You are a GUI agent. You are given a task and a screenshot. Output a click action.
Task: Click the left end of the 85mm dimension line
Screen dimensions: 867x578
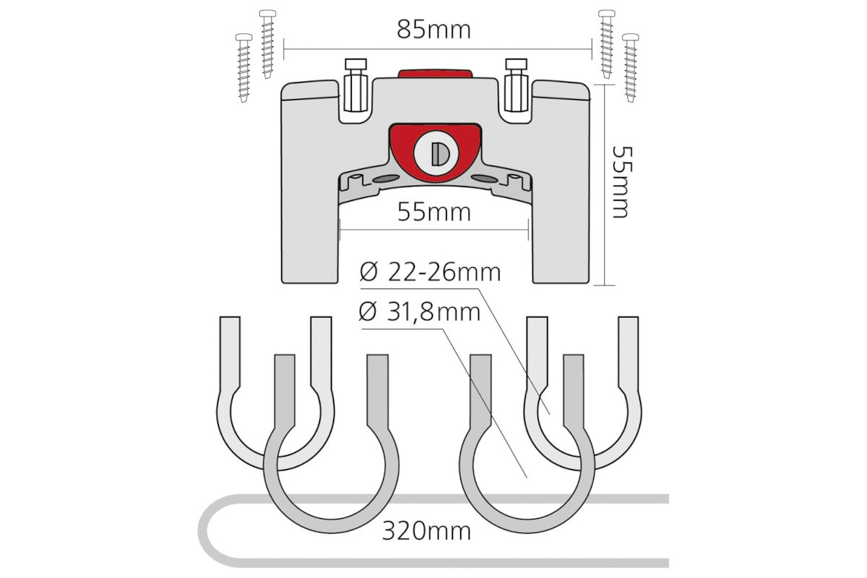point(284,49)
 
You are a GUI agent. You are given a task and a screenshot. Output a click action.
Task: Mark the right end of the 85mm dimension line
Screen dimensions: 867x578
point(592,49)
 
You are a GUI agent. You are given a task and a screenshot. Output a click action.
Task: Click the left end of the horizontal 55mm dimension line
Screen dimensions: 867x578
point(340,230)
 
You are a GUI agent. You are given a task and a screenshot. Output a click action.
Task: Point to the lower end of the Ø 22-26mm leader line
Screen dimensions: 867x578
point(550,414)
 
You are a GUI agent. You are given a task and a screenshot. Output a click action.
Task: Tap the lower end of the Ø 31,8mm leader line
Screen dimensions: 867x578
point(527,478)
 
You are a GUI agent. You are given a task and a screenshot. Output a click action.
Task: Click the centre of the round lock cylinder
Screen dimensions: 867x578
point(436,153)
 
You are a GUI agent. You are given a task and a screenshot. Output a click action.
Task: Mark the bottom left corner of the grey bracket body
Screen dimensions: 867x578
point(282,282)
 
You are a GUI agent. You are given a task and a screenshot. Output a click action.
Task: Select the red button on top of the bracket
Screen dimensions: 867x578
point(435,74)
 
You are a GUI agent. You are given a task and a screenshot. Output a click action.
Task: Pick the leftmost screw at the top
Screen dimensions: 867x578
point(244,68)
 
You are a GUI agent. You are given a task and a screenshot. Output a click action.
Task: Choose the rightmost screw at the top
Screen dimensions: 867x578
point(631,68)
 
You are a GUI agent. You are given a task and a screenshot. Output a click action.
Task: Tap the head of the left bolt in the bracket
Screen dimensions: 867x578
point(355,64)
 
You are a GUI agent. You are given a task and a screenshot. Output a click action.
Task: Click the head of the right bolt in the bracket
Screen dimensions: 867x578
point(517,64)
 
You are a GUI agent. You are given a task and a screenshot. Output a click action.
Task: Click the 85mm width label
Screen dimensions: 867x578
point(434,30)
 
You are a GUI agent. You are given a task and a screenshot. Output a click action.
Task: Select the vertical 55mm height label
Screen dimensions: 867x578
point(622,182)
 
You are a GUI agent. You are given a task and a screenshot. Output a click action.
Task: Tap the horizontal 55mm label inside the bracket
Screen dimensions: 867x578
point(434,212)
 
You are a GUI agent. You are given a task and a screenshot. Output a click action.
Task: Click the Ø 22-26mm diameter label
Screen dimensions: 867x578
point(430,272)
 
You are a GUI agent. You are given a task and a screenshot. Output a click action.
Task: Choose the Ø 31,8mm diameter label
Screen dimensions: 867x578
point(420,312)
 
